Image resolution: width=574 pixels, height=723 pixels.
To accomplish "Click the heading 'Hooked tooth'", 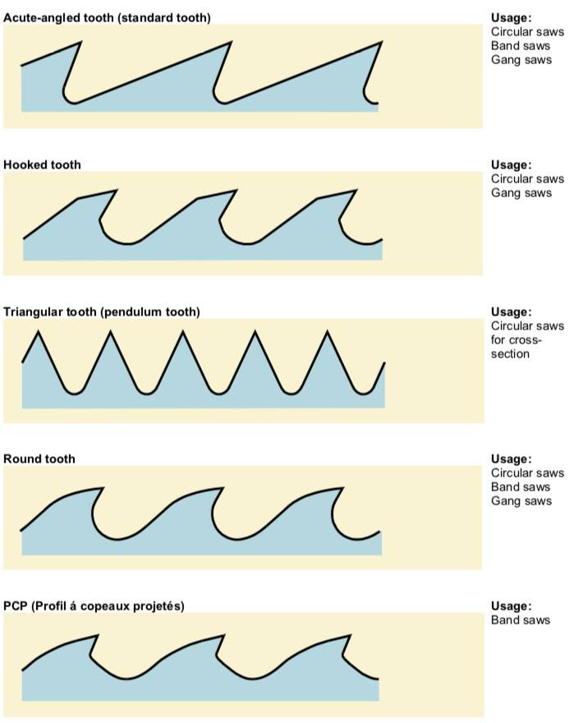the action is [x=42, y=164].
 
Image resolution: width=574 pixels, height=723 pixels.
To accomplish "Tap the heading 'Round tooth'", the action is [x=39, y=458].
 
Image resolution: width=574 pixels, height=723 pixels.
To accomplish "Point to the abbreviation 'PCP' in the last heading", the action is [x=16, y=606].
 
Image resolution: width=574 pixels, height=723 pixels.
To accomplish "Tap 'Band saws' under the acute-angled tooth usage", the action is [x=521, y=46].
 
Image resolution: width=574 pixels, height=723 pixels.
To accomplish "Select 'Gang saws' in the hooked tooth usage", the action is [x=521, y=193].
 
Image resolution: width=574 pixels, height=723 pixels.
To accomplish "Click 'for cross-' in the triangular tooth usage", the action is [x=516, y=340].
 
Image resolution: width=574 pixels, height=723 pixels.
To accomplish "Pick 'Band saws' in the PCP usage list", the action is [x=521, y=619].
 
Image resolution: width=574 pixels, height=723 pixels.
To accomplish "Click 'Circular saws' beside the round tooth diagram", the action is [x=527, y=472].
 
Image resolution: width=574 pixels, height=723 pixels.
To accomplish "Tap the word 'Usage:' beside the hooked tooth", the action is [x=512, y=164].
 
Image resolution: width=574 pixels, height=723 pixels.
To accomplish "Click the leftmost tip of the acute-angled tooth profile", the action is [x=81, y=43].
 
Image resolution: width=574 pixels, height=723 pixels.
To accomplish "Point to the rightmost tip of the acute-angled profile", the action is [x=382, y=43].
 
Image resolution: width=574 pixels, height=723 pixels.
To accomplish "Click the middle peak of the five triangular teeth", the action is [x=182, y=331].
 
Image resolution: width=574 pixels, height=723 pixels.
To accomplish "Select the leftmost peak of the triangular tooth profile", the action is [x=39, y=331].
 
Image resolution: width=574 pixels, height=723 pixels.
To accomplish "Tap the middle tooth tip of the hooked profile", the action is [x=237, y=190].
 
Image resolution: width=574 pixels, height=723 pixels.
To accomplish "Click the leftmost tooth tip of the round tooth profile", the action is [x=103, y=488].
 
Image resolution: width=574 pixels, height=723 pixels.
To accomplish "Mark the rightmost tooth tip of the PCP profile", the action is [x=351, y=635].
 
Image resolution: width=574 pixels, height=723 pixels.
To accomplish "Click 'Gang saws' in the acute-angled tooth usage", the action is [x=521, y=60].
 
